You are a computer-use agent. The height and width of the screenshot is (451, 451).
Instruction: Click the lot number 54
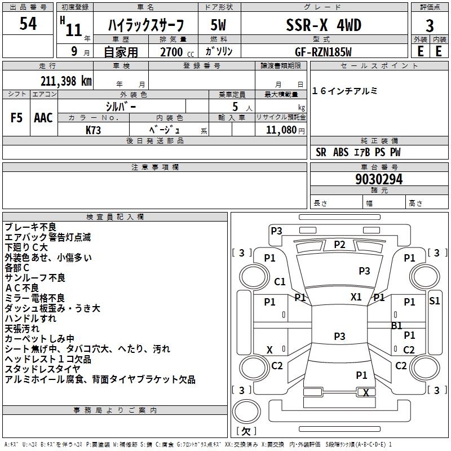28,24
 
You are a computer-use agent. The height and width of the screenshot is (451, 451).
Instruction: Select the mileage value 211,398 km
66,80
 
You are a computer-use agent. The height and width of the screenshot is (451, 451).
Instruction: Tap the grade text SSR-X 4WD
324,25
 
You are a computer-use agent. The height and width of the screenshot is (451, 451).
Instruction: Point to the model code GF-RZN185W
324,52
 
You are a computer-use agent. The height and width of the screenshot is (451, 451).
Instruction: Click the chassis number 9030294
379,180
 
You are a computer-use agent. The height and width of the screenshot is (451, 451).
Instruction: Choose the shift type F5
17,118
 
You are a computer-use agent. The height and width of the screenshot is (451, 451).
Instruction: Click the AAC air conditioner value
43,118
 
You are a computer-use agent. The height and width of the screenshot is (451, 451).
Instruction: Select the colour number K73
94,130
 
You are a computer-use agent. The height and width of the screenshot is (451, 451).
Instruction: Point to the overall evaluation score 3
430,25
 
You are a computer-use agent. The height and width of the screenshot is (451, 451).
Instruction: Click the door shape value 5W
219,25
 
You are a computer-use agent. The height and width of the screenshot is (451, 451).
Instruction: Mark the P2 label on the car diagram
339,244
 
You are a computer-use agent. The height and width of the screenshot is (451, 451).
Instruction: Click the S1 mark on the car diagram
434,300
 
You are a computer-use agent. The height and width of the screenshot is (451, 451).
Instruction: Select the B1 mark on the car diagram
397,325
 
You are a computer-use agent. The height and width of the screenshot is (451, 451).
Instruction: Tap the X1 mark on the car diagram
356,297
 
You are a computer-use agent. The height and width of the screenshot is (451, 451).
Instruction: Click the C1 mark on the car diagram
280,281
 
